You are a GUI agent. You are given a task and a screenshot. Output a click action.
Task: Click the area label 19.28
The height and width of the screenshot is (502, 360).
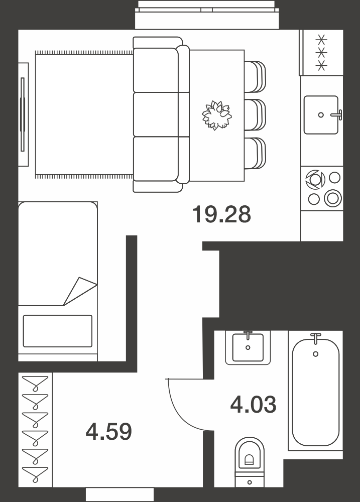pyautogui.click(x=221, y=214)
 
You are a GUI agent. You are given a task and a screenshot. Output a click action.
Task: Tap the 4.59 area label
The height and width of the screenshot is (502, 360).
pyautogui.click(x=109, y=431)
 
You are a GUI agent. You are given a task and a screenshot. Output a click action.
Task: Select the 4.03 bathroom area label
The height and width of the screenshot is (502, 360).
pyautogui.click(x=254, y=404)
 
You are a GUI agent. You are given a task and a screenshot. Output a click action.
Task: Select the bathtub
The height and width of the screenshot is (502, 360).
pyautogui.click(x=316, y=390)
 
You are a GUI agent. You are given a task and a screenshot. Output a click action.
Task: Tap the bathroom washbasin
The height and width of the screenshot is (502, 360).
pyautogui.click(x=248, y=348)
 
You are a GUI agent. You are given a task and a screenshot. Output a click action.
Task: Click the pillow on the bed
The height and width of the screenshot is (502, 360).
pyautogui.click(x=58, y=331)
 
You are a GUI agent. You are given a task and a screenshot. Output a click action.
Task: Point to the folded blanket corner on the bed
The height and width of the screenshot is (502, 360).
pyautogui.click(x=80, y=291)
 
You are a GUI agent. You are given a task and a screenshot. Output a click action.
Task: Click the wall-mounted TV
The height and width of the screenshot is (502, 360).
pyautogui.click(x=23, y=114)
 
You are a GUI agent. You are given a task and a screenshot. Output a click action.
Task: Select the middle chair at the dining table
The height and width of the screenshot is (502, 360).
pyautogui.click(x=255, y=114)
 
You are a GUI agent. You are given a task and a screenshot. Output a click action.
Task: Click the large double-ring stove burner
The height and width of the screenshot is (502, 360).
pyautogui.click(x=333, y=197)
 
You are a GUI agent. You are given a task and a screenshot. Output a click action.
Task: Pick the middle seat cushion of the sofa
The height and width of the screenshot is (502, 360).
pyautogui.click(x=156, y=114)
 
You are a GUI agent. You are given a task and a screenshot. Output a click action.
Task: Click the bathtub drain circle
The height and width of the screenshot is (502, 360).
pyautogui.click(x=316, y=354)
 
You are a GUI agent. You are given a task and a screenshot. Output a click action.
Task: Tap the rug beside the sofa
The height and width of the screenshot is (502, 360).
pyautogui.click(x=84, y=114)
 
